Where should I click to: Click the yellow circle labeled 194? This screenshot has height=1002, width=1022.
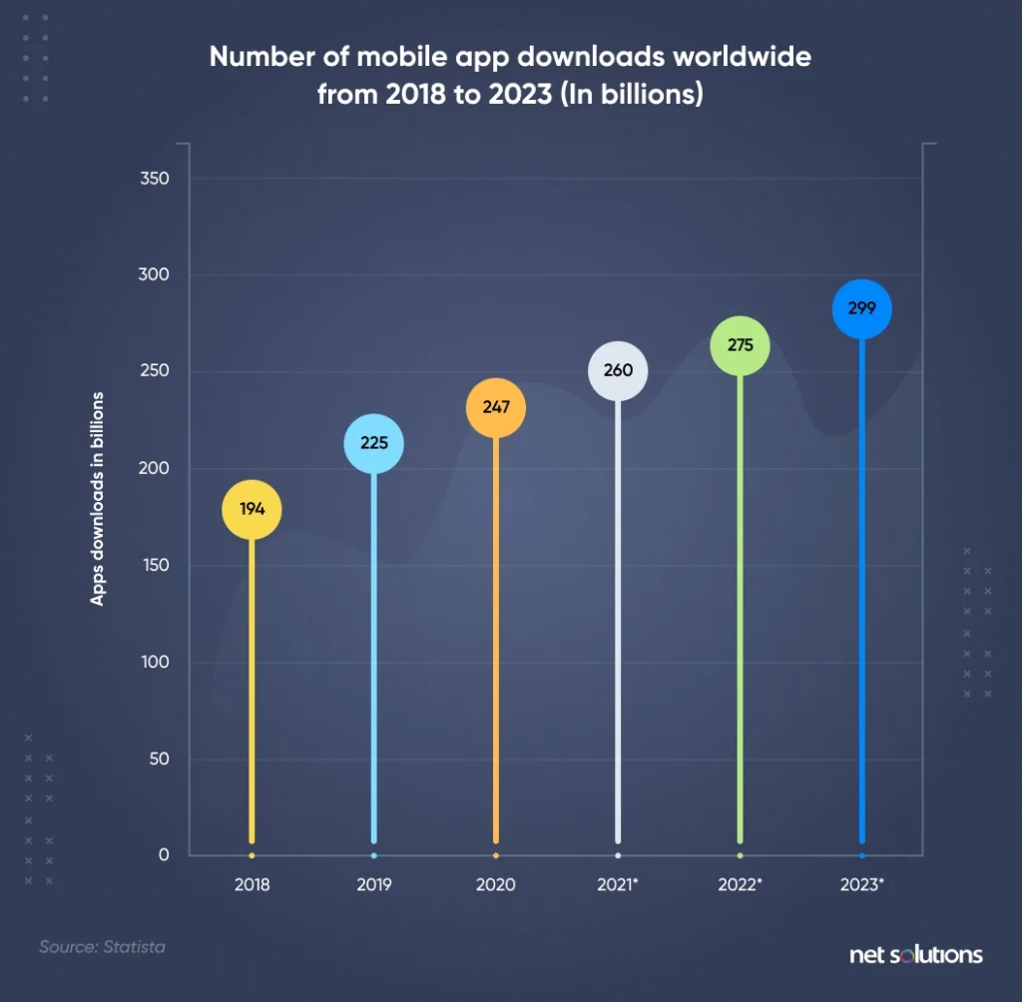(x=252, y=509)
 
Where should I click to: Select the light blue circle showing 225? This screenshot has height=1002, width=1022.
(x=374, y=444)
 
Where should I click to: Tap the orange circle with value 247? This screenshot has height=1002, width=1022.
(x=496, y=407)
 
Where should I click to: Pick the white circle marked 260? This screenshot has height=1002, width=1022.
(x=618, y=370)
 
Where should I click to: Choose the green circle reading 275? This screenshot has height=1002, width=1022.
(x=740, y=346)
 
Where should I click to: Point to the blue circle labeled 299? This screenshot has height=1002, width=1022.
(x=861, y=309)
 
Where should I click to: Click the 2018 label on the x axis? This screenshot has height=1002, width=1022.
(x=252, y=885)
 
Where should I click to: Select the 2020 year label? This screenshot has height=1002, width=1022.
(x=496, y=885)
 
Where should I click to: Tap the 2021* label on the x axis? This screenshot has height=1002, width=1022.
(x=619, y=885)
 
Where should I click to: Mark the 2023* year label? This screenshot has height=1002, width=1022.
(x=862, y=885)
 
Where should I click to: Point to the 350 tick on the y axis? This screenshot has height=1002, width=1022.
(x=156, y=179)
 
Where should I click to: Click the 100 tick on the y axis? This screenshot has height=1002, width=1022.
(x=156, y=663)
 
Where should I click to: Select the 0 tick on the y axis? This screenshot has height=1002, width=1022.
(x=163, y=855)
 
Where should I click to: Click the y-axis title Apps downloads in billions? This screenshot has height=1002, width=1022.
(x=98, y=499)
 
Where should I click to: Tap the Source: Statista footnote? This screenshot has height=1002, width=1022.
(x=102, y=946)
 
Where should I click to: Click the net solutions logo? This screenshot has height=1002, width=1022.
(x=915, y=955)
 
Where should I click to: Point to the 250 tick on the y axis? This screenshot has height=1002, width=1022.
(x=156, y=372)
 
